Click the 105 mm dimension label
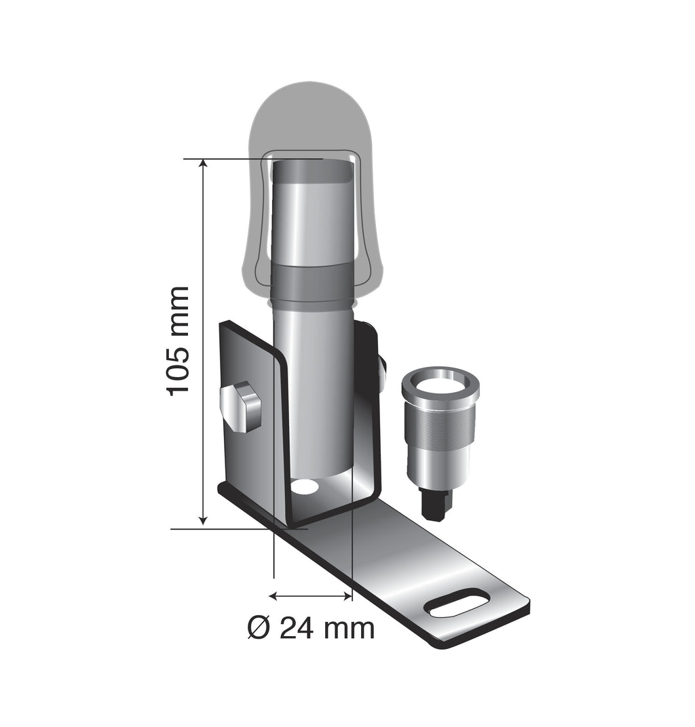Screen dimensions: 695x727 pyautogui.click(x=178, y=340)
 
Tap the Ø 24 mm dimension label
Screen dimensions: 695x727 pyautogui.click(x=310, y=628)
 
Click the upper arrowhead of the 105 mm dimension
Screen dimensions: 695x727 pyautogui.click(x=203, y=165)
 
